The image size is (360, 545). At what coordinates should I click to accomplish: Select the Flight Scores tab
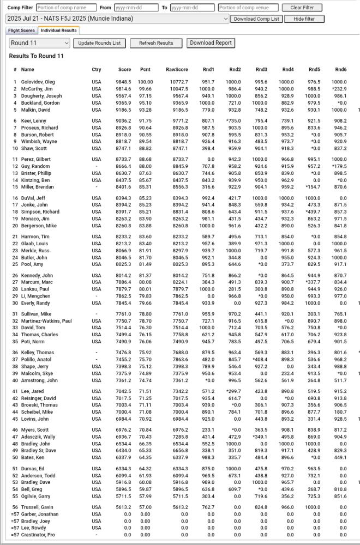click(21, 31)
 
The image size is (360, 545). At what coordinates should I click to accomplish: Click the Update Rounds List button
click(99, 43)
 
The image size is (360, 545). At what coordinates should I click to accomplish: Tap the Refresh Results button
click(156, 43)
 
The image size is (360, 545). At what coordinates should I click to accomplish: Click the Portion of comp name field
click(66, 8)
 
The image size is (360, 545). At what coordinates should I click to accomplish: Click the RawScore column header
click(177, 70)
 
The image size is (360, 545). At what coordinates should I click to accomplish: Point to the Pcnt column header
click(145, 70)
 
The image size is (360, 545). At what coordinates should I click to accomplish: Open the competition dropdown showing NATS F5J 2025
click(117, 19)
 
